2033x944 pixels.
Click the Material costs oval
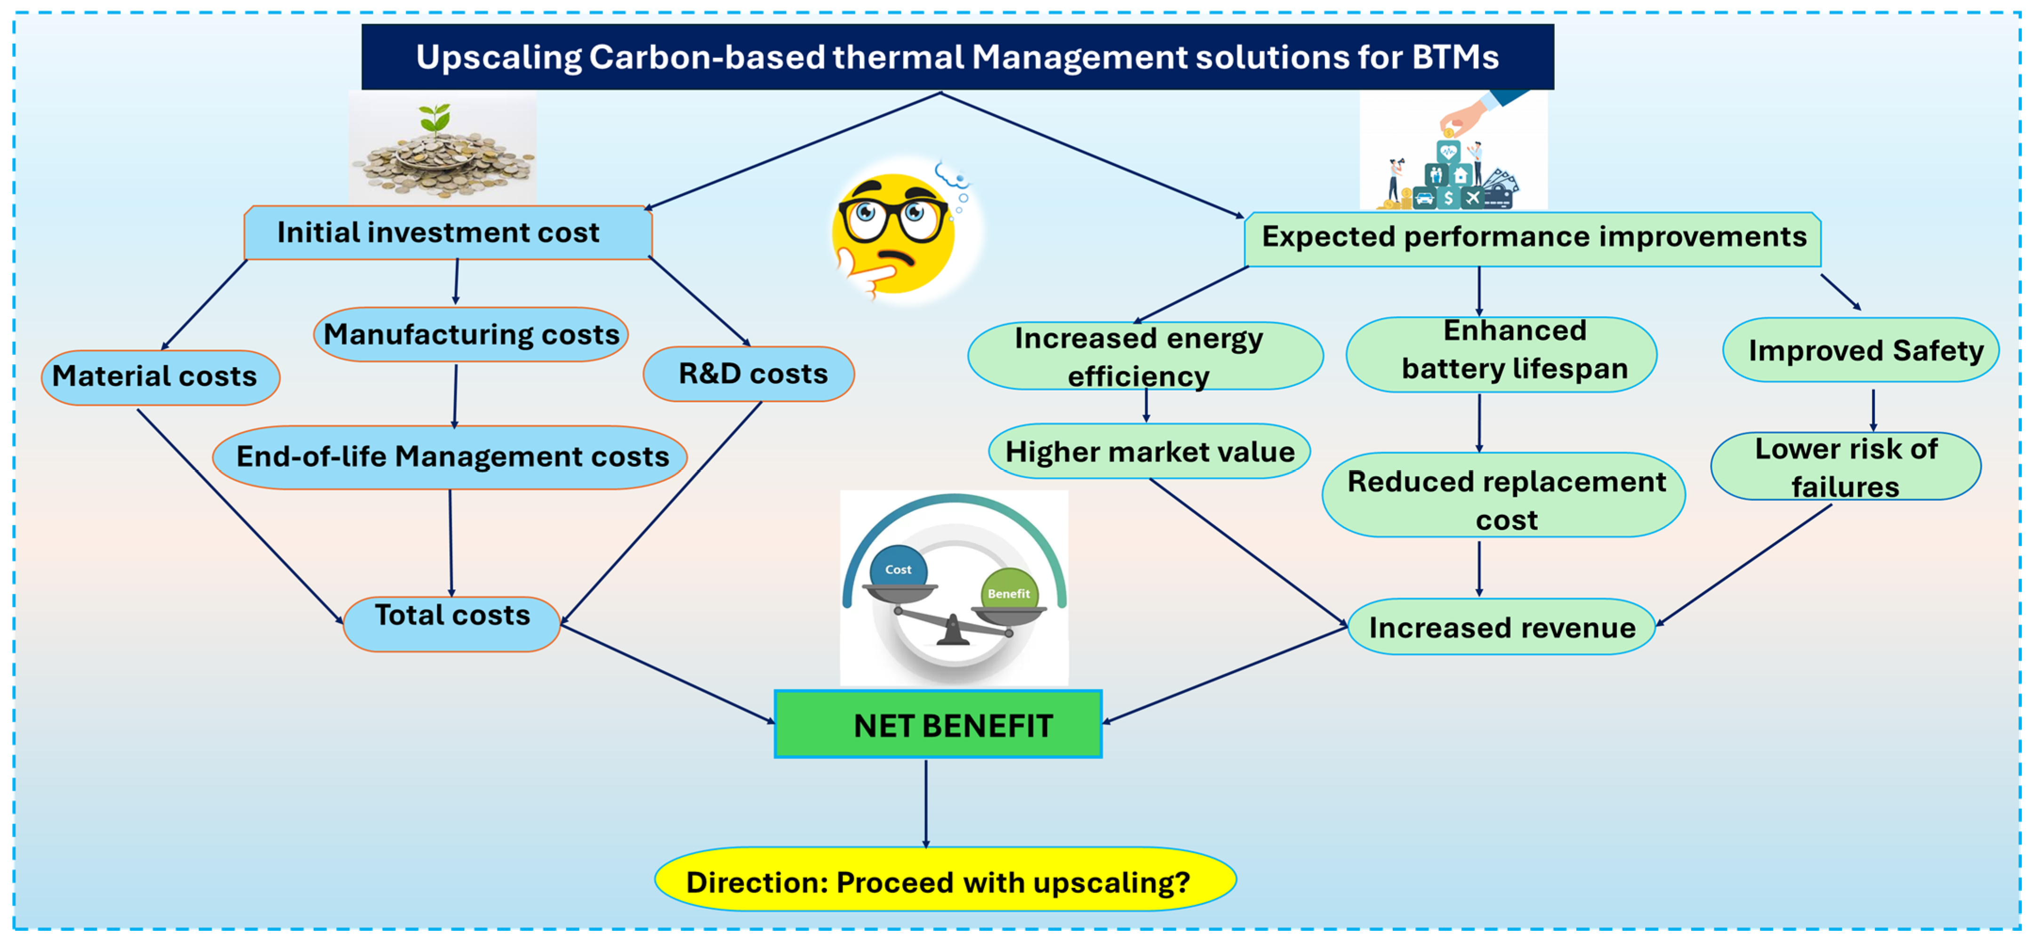pos(160,377)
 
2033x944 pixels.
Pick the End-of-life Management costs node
pos(450,457)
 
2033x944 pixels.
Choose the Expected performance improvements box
pos(1533,239)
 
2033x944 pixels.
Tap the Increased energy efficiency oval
pos(1145,356)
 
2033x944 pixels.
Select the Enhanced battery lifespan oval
pos(1501,354)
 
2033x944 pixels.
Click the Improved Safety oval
pos(1860,350)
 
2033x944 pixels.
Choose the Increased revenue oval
pos(1501,627)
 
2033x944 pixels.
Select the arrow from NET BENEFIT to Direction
pos(926,803)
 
